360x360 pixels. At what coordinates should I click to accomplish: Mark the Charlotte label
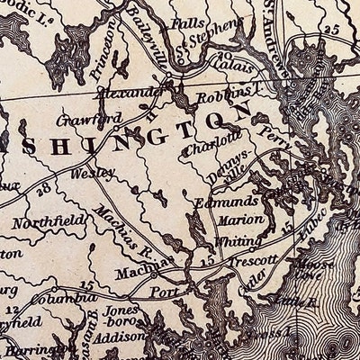[x=212, y=140]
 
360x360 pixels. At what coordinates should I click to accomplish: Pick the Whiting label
[x=238, y=241]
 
